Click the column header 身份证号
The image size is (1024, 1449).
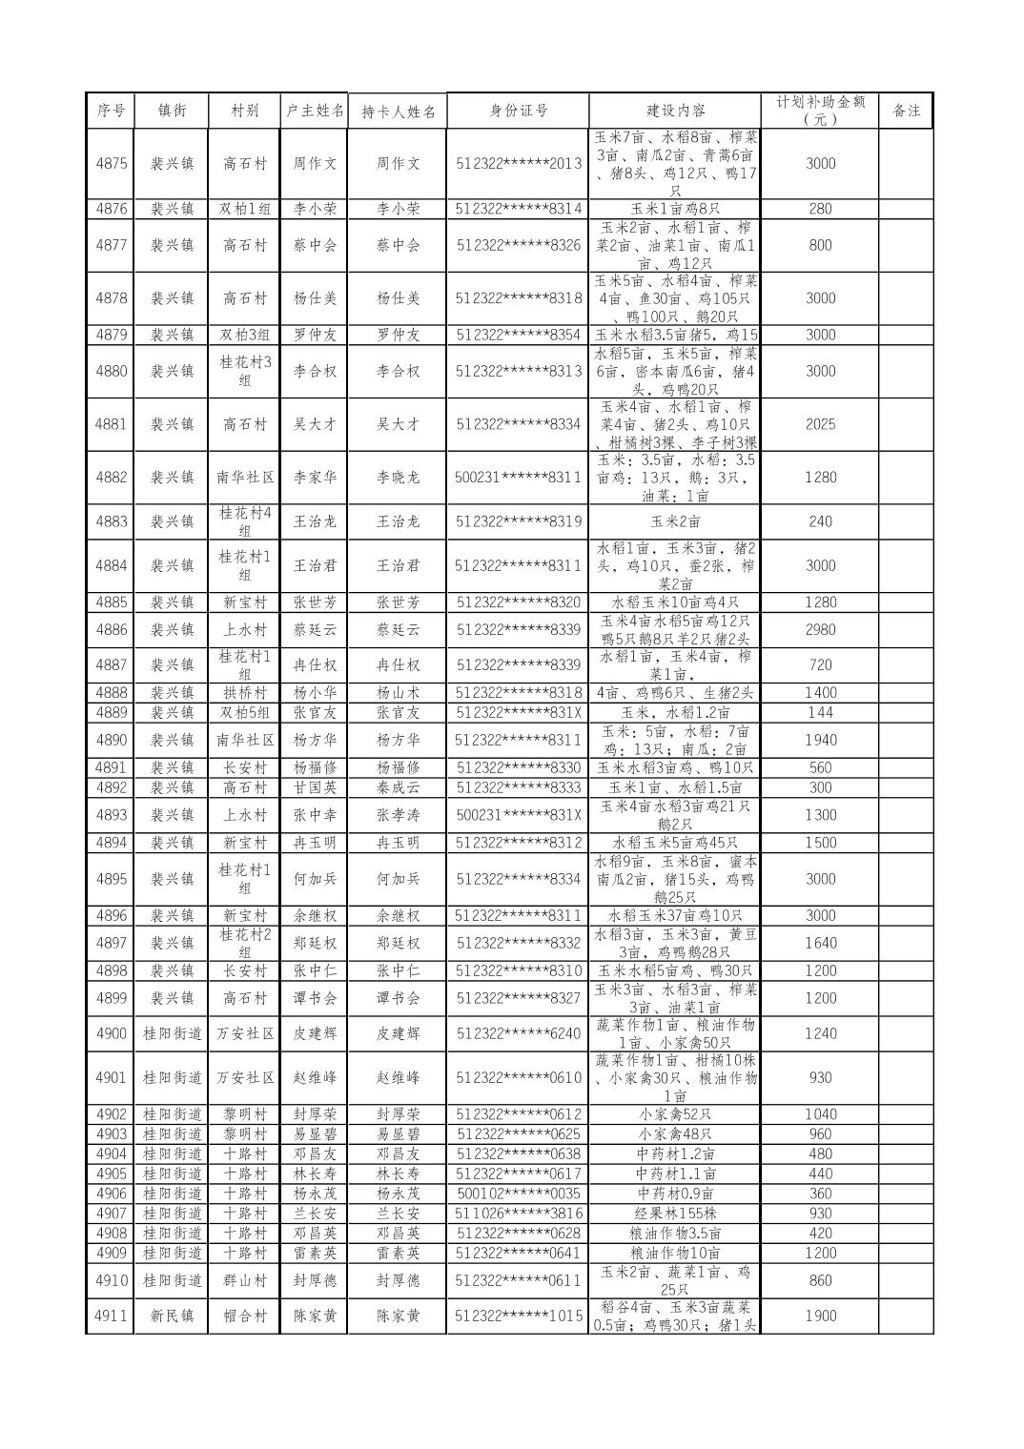click(518, 111)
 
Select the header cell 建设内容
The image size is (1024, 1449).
click(676, 111)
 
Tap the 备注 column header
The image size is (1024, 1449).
click(906, 111)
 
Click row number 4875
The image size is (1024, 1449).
click(112, 163)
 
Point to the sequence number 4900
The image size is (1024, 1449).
click(112, 1033)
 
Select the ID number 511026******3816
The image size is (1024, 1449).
click(518, 1214)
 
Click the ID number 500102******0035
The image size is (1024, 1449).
click(518, 1194)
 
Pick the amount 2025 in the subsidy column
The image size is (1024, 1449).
click(820, 424)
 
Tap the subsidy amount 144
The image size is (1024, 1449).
click(820, 712)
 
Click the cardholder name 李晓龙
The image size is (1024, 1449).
click(398, 478)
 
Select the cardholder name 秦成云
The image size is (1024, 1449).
click(398, 787)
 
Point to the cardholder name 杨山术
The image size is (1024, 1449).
click(398, 693)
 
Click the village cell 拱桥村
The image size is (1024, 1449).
click(245, 693)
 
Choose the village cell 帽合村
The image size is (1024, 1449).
click(245, 1316)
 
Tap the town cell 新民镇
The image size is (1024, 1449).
click(172, 1316)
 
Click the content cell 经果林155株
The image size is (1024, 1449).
click(676, 1214)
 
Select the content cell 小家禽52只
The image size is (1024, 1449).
click(676, 1114)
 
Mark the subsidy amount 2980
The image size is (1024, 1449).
click(820, 629)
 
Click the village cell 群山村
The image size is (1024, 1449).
click(245, 1280)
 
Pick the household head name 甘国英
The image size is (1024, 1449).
click(316, 787)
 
